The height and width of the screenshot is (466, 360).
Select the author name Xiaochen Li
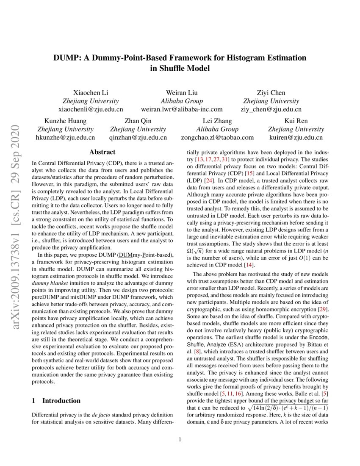tap(90, 93)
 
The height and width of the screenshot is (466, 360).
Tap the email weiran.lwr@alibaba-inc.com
tap(182, 109)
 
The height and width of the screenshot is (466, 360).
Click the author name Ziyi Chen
tap(271, 93)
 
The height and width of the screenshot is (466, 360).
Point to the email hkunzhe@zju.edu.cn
tap(65, 137)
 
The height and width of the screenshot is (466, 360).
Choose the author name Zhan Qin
tap(138, 121)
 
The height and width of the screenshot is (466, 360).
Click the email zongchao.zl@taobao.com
tap(218, 137)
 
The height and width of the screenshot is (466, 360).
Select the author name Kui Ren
tap(296, 121)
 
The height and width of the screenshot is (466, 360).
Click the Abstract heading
tap(102, 152)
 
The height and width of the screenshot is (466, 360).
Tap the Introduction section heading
tap(61, 400)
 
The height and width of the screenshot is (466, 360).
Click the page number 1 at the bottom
tap(180, 439)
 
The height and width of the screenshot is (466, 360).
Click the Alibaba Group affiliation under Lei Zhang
tap(217, 129)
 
